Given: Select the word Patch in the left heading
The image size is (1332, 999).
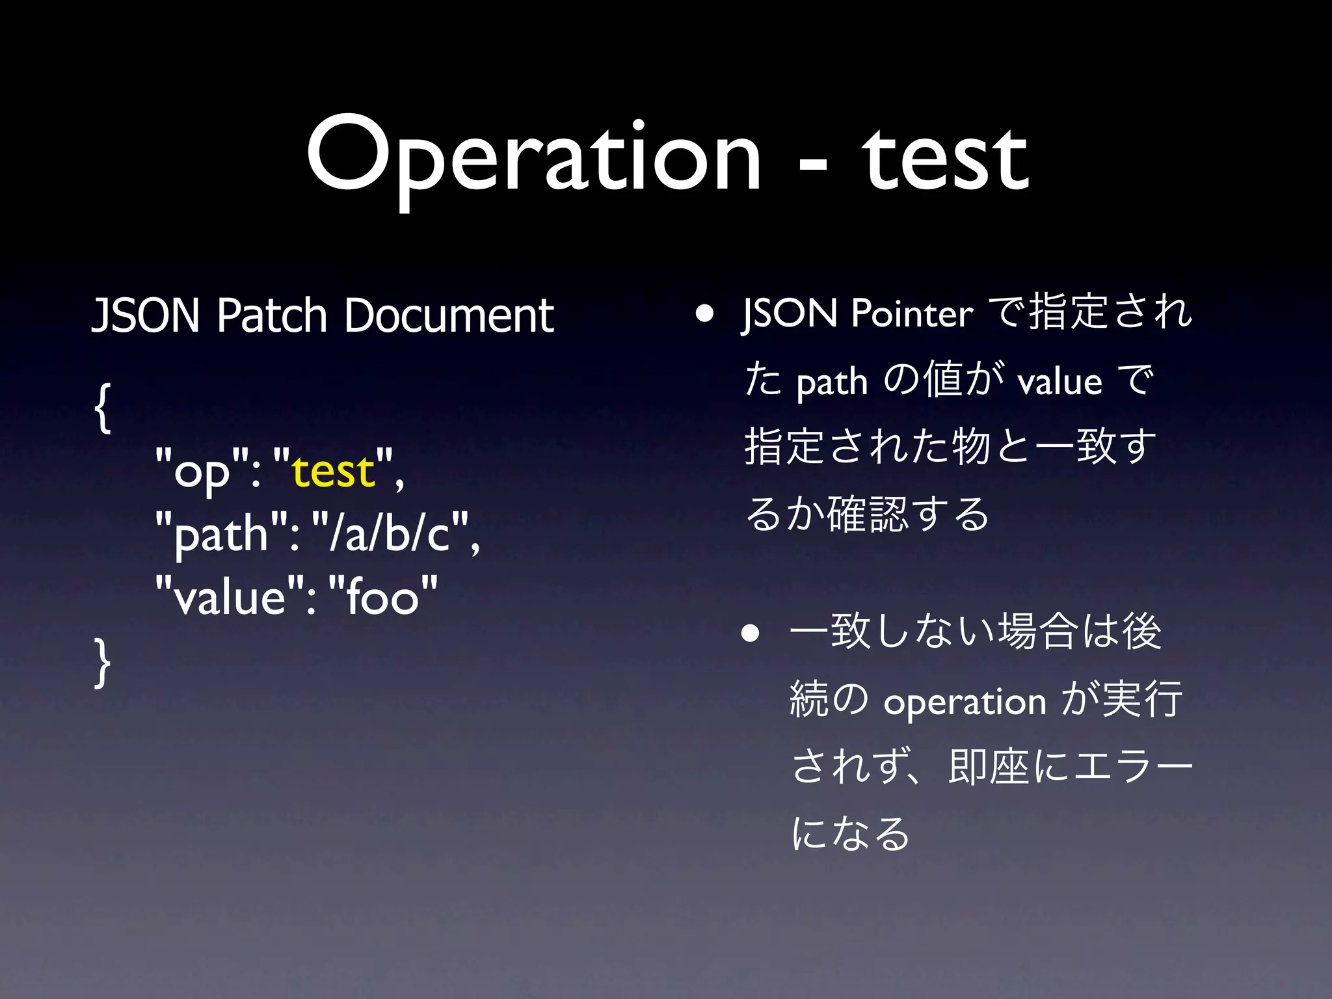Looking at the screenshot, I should [x=271, y=315].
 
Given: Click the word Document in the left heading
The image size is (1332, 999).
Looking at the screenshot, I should [x=449, y=315].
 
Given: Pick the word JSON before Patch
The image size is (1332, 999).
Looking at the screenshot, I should [x=146, y=315].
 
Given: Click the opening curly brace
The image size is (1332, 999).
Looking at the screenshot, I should [x=103, y=408].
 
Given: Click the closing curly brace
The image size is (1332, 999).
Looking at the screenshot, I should [x=103, y=662].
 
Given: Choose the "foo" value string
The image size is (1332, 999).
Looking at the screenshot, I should [x=383, y=596].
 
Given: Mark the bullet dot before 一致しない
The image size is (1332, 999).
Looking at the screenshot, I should [x=751, y=633].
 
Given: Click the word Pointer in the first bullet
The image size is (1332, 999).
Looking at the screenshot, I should [x=912, y=313].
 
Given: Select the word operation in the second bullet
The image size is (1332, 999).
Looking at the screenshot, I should [x=965, y=702].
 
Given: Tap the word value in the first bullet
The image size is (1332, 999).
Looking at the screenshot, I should [x=1059, y=382].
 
